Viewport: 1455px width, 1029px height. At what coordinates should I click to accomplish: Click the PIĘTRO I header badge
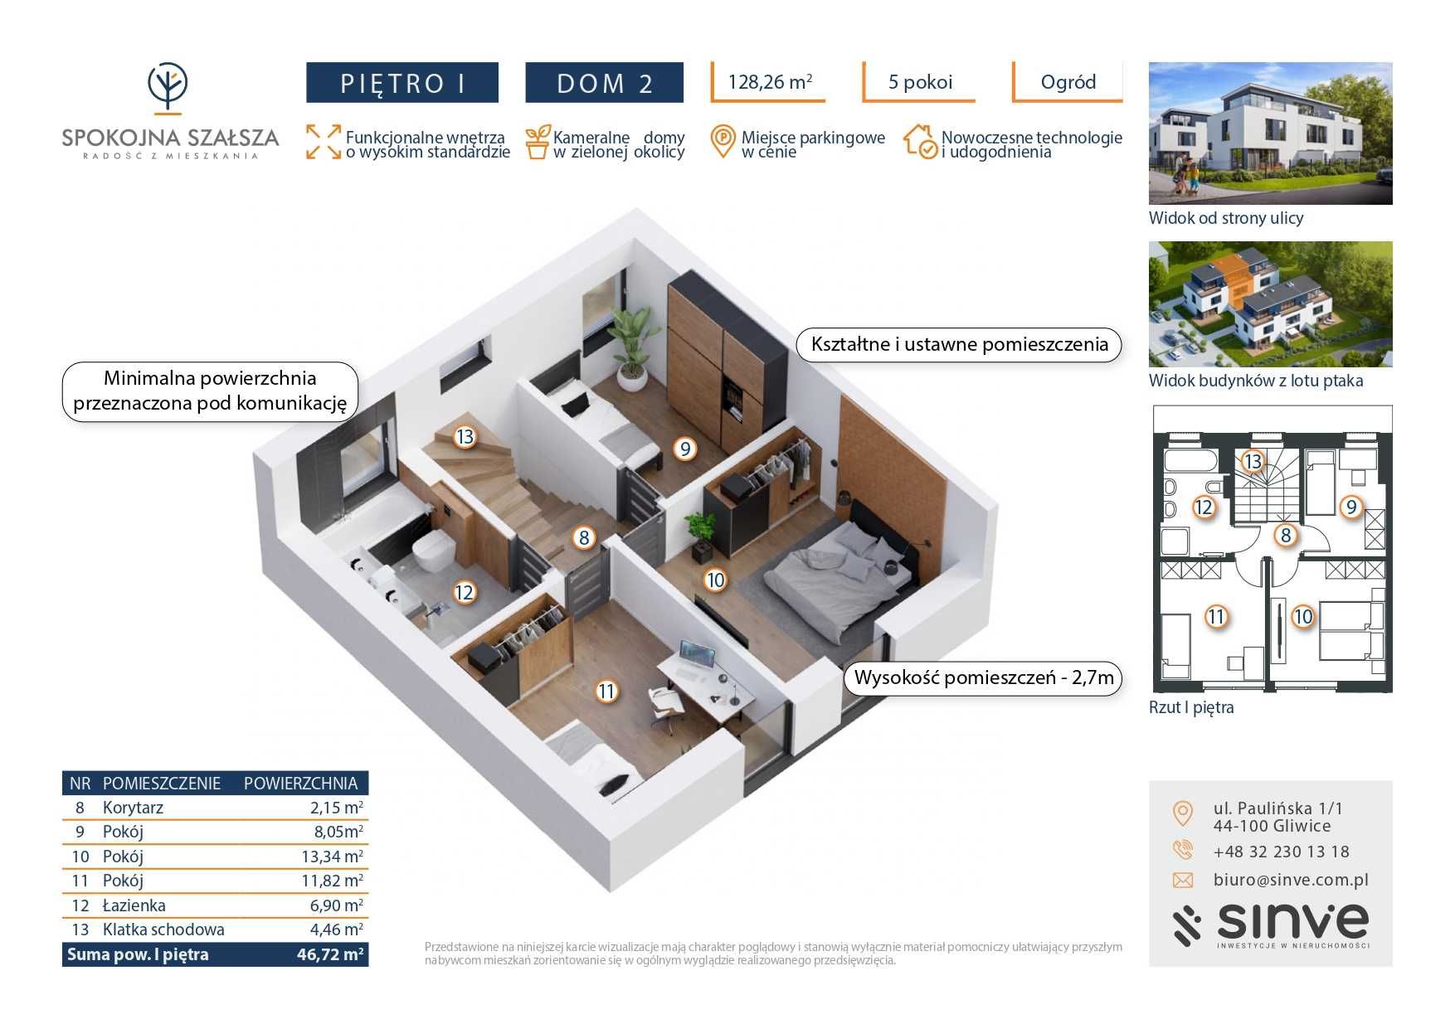click(x=402, y=83)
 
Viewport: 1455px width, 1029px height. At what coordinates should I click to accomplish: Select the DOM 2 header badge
click(x=604, y=83)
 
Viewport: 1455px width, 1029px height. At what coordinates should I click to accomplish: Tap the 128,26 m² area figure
click(x=769, y=82)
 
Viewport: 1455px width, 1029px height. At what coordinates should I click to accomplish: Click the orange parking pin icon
click(x=723, y=142)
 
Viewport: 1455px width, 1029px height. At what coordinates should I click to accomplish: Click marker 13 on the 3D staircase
click(x=465, y=437)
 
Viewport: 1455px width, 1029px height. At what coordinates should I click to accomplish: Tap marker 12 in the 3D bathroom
click(x=464, y=592)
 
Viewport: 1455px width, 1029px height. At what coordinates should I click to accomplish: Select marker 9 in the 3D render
click(x=685, y=449)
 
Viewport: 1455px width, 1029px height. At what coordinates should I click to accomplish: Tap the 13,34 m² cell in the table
click(x=332, y=857)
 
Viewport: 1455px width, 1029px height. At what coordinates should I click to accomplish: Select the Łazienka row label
click(x=134, y=905)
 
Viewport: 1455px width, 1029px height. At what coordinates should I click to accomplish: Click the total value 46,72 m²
click(x=330, y=954)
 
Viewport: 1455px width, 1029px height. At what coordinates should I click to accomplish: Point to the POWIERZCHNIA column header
click(x=300, y=784)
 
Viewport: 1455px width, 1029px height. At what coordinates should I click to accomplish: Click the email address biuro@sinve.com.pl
click(x=1291, y=880)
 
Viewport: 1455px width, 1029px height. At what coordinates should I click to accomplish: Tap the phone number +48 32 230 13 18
click(x=1281, y=852)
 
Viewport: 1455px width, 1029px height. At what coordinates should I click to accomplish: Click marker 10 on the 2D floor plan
click(x=1303, y=617)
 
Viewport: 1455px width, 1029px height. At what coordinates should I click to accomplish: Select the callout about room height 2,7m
click(x=983, y=678)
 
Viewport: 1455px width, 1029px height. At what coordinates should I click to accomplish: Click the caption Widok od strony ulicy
click(x=1226, y=218)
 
